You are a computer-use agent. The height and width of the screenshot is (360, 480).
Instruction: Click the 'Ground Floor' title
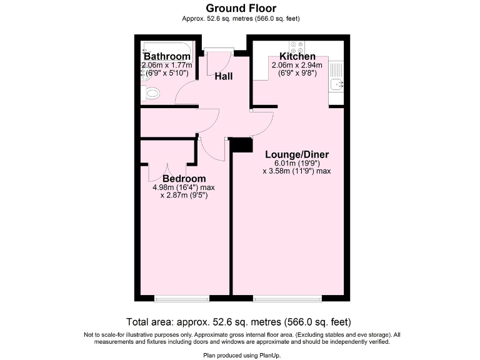click(240, 8)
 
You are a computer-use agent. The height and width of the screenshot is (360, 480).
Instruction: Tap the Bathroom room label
click(167, 57)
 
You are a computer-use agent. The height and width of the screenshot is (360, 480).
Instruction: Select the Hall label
click(224, 76)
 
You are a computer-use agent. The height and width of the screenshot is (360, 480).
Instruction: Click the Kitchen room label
click(297, 57)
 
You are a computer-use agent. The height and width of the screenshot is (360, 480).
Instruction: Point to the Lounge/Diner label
click(297, 155)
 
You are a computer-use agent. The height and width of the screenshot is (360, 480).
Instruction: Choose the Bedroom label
click(184, 178)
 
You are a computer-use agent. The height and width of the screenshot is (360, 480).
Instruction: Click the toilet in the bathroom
click(151, 94)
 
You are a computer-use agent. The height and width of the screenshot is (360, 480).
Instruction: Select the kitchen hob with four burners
click(296, 47)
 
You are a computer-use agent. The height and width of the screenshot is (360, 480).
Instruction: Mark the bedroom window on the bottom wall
click(182, 299)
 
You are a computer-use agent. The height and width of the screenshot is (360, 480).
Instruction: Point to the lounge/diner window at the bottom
click(287, 299)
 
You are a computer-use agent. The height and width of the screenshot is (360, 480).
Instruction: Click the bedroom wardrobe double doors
click(167, 164)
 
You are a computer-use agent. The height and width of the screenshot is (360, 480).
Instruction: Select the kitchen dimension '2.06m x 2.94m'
click(297, 65)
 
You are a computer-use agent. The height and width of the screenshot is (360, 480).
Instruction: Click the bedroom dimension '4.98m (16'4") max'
click(184, 187)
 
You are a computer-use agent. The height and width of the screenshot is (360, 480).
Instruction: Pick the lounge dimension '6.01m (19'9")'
click(297, 163)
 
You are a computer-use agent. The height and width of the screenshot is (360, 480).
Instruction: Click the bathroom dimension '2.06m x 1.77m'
click(167, 65)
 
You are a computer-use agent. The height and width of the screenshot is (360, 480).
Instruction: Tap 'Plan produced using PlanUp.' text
click(240, 354)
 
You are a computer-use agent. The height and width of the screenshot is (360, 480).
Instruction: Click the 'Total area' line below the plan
click(240, 322)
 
